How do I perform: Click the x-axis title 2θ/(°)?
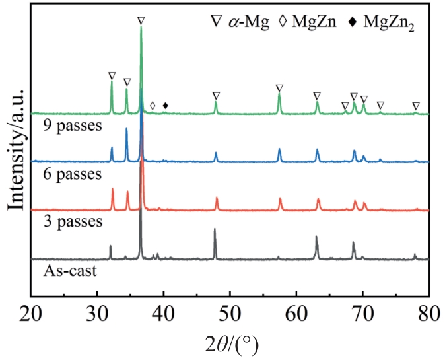pos(230,343)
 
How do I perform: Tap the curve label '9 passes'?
pos(72,126)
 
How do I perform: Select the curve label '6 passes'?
pos(72,174)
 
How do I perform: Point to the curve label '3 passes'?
pos(72,221)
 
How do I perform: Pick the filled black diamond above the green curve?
pos(166,106)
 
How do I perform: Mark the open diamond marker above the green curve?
pos(153,106)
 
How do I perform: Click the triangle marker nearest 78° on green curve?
pos(415,106)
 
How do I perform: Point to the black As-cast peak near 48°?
pos(215,231)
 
